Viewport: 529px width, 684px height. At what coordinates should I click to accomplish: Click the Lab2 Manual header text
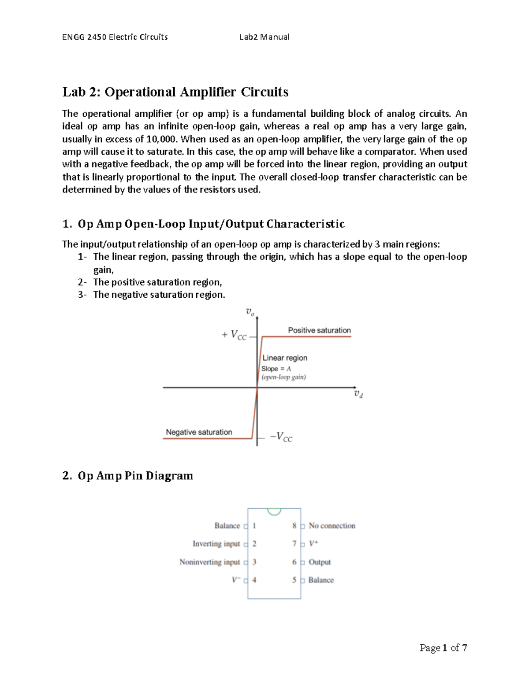click(x=264, y=37)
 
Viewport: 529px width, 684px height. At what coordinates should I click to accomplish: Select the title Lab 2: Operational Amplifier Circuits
click(x=175, y=92)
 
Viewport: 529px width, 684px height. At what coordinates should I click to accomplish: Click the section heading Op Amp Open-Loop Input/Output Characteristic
click(x=211, y=224)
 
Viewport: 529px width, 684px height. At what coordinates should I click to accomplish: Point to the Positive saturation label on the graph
click(x=319, y=330)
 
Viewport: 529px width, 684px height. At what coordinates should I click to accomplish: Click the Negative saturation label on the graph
click(x=199, y=432)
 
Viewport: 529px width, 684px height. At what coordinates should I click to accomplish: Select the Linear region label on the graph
click(x=285, y=358)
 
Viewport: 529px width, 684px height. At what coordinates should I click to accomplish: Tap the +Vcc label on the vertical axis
click(x=234, y=336)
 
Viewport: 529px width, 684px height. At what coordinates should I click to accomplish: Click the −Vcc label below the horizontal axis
click(x=281, y=437)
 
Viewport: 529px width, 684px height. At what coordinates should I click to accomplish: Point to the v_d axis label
click(x=358, y=394)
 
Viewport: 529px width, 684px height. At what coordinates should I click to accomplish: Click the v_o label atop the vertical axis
click(x=250, y=312)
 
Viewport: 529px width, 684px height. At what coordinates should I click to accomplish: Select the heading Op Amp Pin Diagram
click(x=135, y=476)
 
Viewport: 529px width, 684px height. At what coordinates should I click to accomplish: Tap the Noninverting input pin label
click(x=209, y=562)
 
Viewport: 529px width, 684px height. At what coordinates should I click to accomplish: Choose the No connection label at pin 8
click(x=332, y=526)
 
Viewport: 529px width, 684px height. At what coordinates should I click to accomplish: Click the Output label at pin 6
click(x=320, y=562)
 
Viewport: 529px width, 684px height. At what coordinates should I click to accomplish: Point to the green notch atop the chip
click(x=274, y=512)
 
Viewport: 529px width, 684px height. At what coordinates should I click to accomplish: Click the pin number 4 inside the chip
click(x=254, y=580)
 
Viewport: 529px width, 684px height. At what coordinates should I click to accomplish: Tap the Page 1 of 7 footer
click(x=443, y=647)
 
